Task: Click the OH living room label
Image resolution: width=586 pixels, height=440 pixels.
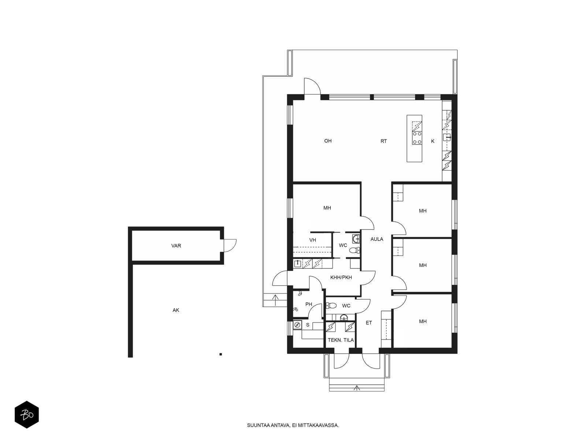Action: [327, 141]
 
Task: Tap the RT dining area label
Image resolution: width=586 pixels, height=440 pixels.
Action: [383, 141]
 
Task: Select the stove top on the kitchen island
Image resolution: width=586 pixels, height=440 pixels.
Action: [417, 138]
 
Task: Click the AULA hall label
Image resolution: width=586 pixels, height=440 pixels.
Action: [377, 239]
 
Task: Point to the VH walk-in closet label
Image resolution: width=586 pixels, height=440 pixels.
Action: [313, 240]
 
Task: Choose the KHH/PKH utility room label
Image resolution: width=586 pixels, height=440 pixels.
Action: [341, 277]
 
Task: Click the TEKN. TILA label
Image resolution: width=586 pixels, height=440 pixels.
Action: [341, 340]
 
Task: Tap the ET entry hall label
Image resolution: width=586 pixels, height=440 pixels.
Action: [369, 323]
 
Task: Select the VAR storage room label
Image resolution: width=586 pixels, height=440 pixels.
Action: [176, 246]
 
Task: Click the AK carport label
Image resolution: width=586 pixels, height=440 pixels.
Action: [176, 310]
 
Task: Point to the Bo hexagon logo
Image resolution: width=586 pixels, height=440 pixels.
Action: [27, 414]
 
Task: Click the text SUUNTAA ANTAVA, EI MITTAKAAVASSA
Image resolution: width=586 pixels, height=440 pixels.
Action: [293, 425]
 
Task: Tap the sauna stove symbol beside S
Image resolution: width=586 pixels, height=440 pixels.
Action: [297, 325]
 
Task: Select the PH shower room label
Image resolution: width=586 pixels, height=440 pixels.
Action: [309, 304]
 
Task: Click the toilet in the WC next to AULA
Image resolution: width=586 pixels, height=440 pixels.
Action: [354, 250]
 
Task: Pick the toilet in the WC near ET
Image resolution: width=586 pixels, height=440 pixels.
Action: [331, 305]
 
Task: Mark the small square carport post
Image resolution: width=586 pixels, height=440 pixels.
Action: [220, 354]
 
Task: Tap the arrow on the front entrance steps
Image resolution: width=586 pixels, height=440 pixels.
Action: [356, 388]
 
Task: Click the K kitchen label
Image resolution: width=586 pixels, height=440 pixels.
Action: [433, 141]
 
